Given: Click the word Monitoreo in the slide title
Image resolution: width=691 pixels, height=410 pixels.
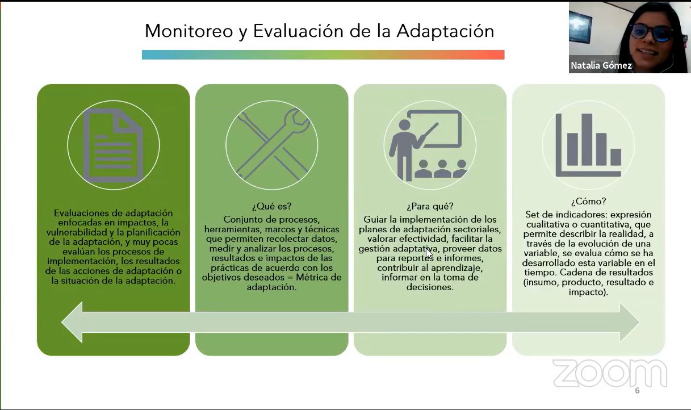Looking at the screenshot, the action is coord(189,31).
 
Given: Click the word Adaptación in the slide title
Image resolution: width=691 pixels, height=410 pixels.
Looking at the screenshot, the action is coord(445,31).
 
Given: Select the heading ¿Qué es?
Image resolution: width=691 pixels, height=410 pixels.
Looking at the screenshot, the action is coord(271,206).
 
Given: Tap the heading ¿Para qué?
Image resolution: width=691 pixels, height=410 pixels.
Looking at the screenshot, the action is coord(430,206).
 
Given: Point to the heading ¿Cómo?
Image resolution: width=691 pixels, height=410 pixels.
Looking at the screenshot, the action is coord(588,202).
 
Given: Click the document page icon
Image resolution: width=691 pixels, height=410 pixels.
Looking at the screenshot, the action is coord(113,145).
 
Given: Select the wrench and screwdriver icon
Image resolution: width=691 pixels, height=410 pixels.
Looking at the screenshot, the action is coord(271,145).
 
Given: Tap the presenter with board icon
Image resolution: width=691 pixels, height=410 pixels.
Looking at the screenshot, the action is coord(429,145).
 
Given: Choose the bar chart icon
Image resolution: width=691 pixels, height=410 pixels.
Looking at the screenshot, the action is coord(588,145).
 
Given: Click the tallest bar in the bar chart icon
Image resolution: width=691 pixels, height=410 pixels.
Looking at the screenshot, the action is coord(587,140).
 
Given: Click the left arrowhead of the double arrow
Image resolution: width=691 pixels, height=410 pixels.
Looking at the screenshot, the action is coord(72,322).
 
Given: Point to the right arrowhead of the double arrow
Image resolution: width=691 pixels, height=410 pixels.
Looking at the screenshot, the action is coord(630,322).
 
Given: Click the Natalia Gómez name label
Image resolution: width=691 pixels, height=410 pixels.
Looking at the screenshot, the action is coord(601,65).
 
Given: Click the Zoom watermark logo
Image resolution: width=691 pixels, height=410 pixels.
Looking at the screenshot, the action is coord(610,373).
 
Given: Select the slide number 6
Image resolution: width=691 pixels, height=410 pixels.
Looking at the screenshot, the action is coord(637,391).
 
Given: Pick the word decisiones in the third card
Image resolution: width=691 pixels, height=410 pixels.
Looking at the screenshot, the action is coord(430,287).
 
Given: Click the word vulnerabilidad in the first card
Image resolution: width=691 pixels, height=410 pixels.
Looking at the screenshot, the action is coord(77,232).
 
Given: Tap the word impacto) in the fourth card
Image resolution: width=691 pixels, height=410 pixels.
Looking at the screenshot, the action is coord(588,292).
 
